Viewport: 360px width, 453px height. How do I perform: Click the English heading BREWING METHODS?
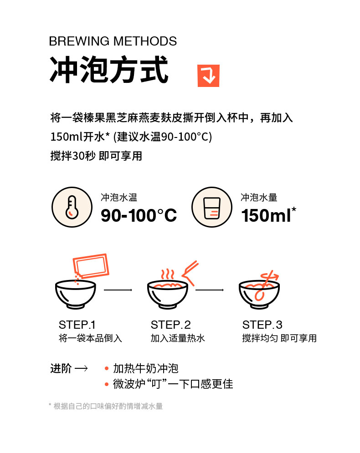click(x=113, y=41)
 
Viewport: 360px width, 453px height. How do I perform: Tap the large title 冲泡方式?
click(x=109, y=70)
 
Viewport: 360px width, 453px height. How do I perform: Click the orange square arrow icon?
click(x=209, y=76)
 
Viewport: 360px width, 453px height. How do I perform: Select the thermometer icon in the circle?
click(x=72, y=207)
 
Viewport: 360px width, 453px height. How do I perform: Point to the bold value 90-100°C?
click(x=139, y=215)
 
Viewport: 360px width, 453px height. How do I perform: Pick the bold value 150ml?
click(x=266, y=215)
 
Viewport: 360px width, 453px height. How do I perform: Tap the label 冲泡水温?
click(x=119, y=198)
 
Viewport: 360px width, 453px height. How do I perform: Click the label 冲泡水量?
click(x=259, y=198)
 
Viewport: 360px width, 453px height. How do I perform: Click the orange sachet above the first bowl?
click(x=91, y=265)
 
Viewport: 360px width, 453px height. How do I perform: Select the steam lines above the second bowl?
click(x=168, y=274)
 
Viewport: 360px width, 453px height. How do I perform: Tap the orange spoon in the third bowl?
click(x=266, y=285)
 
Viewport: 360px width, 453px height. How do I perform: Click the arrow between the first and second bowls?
click(x=118, y=290)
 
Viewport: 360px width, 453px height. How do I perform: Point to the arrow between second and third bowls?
click(x=210, y=290)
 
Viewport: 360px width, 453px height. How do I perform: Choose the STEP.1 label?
click(x=77, y=325)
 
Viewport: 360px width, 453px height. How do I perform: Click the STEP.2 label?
click(x=170, y=325)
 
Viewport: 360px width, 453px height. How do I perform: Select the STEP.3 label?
click(x=262, y=325)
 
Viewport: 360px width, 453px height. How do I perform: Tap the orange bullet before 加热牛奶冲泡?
click(x=107, y=368)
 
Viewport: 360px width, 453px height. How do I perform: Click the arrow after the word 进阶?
click(x=81, y=368)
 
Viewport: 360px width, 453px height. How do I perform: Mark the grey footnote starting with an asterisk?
click(x=106, y=406)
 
